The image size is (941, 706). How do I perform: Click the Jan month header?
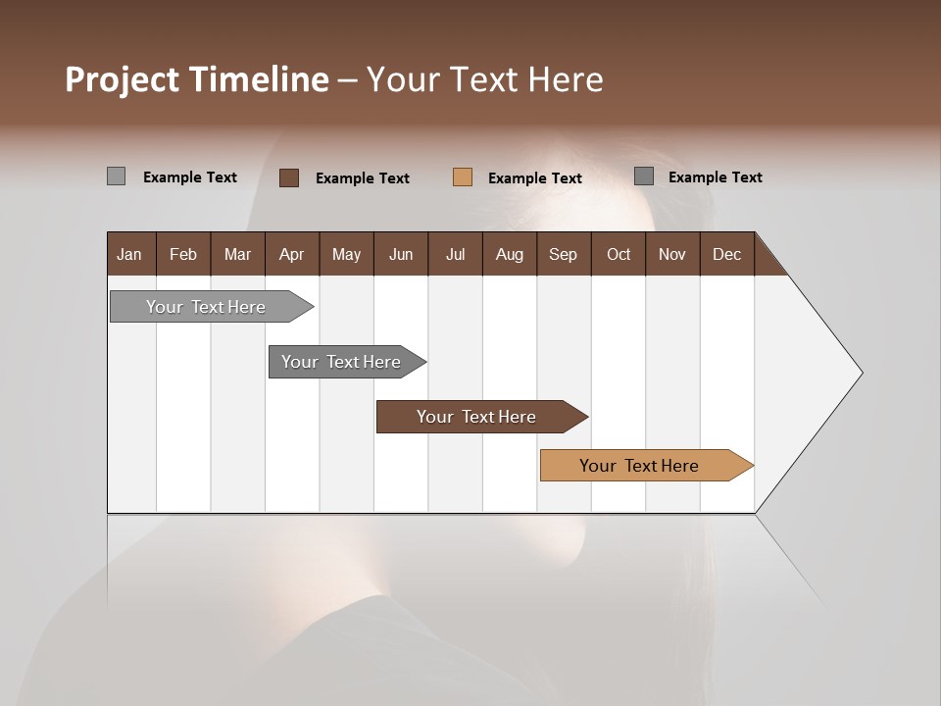[x=130, y=254]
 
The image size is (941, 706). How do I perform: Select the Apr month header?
[x=292, y=254]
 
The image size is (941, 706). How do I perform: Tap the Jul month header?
[x=455, y=254]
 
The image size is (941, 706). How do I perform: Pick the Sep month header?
[x=564, y=254]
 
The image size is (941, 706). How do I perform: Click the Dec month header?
[x=726, y=254]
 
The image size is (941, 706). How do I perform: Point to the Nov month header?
[x=672, y=254]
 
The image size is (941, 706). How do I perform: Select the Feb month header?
[x=183, y=254]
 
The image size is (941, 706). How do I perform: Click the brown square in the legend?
[x=289, y=177]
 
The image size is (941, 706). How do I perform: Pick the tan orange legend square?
[x=463, y=176]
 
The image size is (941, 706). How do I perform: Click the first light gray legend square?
[x=116, y=176]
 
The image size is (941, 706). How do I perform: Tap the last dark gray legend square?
[x=644, y=176]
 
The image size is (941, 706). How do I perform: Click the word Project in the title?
[x=121, y=79]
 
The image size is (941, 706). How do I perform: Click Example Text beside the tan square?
[x=534, y=178]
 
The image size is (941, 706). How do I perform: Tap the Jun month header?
[x=401, y=254]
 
